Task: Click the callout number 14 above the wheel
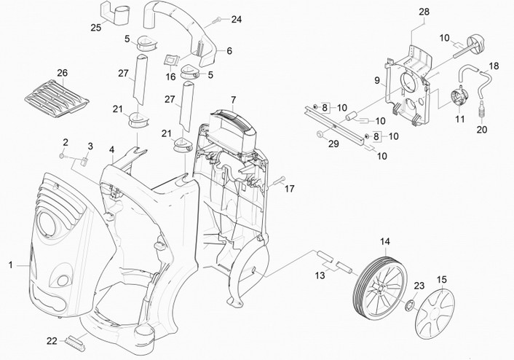(x=385, y=241)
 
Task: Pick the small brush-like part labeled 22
(x=75, y=339)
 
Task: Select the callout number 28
(x=424, y=12)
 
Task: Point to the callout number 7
(x=233, y=98)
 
